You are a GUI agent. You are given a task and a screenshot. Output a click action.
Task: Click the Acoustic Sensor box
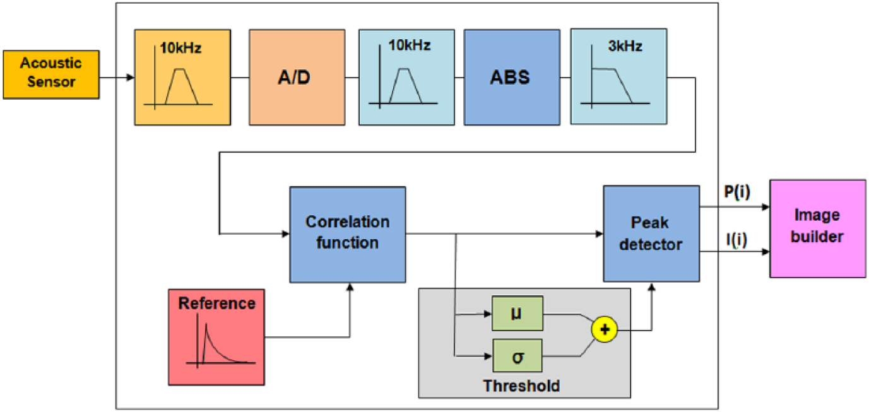[x=51, y=74]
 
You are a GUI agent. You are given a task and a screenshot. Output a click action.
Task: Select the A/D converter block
[x=297, y=77]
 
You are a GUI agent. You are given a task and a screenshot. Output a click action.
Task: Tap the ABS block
[x=512, y=77]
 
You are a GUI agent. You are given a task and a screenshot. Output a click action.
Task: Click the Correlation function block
[x=348, y=235]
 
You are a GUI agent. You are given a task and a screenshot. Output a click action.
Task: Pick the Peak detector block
[x=651, y=233]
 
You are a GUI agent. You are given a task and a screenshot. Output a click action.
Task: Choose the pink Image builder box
[x=818, y=228]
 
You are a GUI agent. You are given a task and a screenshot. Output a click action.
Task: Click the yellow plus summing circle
[x=605, y=330]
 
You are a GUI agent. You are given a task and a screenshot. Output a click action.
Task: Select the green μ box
[x=517, y=314]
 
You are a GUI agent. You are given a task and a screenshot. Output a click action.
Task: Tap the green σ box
[x=517, y=356]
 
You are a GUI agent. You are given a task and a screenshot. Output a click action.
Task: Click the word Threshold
[x=521, y=386]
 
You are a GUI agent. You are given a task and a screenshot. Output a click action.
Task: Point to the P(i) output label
[x=737, y=192]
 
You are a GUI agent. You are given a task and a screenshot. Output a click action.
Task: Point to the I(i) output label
[x=736, y=240]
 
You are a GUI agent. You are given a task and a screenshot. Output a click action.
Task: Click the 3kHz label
[x=625, y=46]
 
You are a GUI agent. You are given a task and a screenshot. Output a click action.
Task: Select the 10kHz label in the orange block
[x=180, y=48]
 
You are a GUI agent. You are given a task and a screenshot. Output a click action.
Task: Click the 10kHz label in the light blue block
[x=410, y=45]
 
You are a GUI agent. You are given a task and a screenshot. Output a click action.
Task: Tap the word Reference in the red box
[x=217, y=303]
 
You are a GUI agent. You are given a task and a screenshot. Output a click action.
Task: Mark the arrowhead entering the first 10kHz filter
[x=131, y=78]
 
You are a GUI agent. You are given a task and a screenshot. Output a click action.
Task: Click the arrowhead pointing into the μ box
[x=488, y=314]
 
